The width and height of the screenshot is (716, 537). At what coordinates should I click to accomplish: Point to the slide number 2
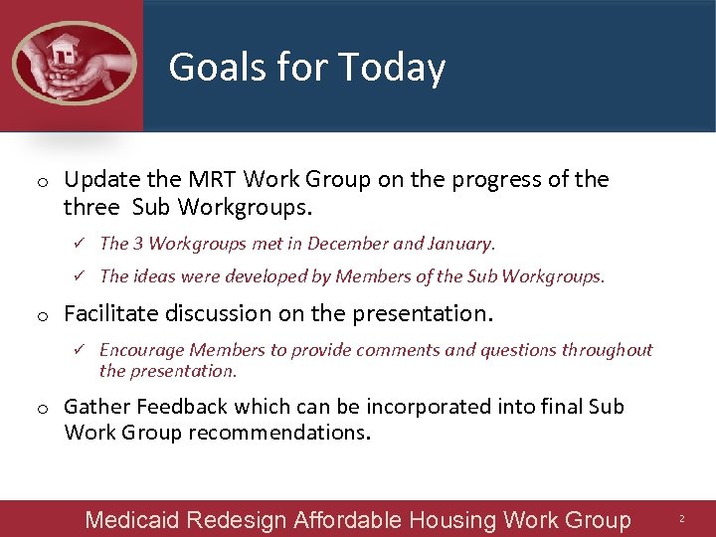pyautogui.click(x=682, y=520)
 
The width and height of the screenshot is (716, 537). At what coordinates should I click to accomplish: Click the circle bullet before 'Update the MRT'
pyautogui.click(x=45, y=182)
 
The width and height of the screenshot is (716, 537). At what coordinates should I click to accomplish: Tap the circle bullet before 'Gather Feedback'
pyautogui.click(x=45, y=409)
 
